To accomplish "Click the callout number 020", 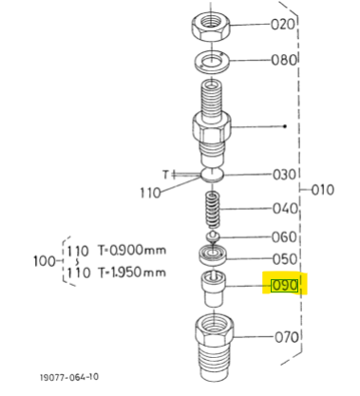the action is [x=283, y=25].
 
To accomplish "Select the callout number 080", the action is [x=284, y=60].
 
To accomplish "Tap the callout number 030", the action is [x=284, y=175].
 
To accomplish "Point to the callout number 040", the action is [x=285, y=209].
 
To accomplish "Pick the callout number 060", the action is [x=284, y=237].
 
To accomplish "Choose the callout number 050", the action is [x=285, y=259].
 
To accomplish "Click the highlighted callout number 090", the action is [x=284, y=286].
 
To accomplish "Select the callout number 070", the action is [x=287, y=337].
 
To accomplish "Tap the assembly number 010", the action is [x=323, y=190].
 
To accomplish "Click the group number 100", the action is [x=45, y=261].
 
